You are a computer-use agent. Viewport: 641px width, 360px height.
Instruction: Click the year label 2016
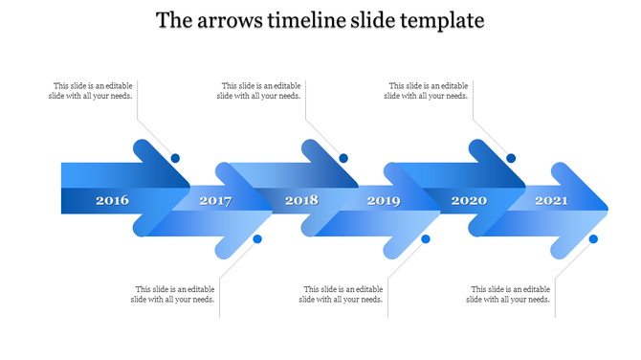tap(112, 201)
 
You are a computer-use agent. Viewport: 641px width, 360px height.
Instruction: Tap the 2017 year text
tap(215, 201)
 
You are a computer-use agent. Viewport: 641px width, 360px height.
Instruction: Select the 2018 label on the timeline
tap(301, 201)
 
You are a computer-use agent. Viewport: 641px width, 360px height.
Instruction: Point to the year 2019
tap(384, 201)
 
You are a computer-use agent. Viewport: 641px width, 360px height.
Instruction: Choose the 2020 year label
tap(469, 201)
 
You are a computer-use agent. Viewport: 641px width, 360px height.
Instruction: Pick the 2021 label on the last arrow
tap(551, 201)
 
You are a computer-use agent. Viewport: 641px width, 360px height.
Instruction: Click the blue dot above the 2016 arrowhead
tap(175, 158)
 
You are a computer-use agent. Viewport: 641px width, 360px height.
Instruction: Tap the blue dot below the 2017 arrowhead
tap(257, 238)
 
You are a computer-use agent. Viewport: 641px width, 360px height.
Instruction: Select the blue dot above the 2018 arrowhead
tap(343, 158)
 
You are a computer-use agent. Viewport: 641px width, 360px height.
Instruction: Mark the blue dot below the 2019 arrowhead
tap(426, 238)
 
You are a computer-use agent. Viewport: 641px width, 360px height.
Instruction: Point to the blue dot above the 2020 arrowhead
tap(511, 158)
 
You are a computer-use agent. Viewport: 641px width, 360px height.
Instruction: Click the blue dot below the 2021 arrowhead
tap(593, 238)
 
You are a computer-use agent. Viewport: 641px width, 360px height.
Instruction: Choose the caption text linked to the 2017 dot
tap(173, 294)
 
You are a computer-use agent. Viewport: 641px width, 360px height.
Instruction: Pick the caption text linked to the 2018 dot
tap(259, 91)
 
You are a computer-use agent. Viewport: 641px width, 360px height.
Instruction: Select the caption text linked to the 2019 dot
tap(342, 294)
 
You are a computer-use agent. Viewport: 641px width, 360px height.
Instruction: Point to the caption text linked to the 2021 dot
tap(509, 294)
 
